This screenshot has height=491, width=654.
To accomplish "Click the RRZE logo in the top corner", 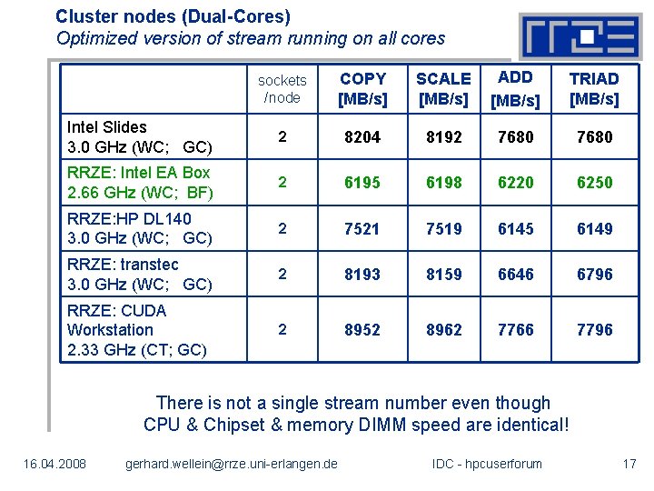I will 579,35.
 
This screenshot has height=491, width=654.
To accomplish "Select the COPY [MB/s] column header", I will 362,88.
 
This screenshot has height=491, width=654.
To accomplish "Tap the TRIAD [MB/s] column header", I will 594,88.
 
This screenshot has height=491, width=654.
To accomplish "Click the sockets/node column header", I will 282,89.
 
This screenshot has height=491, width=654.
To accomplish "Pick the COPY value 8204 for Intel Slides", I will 362,136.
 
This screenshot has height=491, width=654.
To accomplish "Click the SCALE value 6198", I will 443,182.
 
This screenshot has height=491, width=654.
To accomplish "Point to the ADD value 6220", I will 515,182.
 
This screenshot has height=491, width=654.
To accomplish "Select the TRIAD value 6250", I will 594,182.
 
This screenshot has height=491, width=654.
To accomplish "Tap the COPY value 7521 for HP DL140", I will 362,228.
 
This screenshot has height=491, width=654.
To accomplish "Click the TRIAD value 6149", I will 594,228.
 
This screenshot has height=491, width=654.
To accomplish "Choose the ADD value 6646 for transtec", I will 515,274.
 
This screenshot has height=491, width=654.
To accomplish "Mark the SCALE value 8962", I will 443,329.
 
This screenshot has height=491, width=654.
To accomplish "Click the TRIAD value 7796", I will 594,329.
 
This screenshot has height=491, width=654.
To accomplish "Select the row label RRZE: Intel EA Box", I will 139,182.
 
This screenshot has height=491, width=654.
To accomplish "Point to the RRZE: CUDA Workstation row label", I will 136,329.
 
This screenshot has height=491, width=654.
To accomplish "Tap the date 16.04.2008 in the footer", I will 54,464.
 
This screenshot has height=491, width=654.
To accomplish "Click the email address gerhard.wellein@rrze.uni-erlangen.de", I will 231,464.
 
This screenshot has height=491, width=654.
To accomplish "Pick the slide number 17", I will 629,464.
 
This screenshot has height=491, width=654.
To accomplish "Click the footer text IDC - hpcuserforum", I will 487,464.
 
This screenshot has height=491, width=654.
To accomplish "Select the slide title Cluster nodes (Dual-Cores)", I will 173,16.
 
